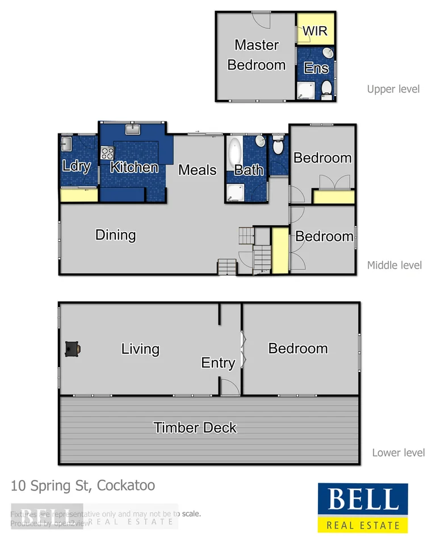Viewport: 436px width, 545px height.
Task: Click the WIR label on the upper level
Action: point(315,31)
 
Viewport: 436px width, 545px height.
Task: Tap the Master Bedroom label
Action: point(257,55)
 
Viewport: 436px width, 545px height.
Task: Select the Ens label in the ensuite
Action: point(316,68)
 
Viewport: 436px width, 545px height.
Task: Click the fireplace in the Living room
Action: point(72,349)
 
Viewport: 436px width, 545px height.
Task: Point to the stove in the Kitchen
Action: point(107,153)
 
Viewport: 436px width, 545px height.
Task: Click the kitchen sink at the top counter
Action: point(133,130)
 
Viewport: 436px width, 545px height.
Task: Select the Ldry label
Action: point(76,167)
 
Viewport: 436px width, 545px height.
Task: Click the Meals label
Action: point(198,170)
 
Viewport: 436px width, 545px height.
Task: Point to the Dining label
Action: point(115,235)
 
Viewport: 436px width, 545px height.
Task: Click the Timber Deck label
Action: point(195,427)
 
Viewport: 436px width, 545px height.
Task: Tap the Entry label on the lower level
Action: point(218,363)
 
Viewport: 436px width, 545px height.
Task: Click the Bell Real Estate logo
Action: point(362,508)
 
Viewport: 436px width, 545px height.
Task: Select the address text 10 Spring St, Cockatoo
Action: point(83,486)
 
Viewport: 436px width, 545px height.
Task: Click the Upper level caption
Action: point(393,89)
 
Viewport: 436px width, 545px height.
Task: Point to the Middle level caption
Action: point(394,265)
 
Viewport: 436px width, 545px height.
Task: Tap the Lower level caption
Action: point(398,452)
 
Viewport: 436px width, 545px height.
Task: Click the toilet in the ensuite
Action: point(326,89)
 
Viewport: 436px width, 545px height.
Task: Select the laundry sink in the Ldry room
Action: point(66,142)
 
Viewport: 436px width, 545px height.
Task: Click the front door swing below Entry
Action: point(229,388)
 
